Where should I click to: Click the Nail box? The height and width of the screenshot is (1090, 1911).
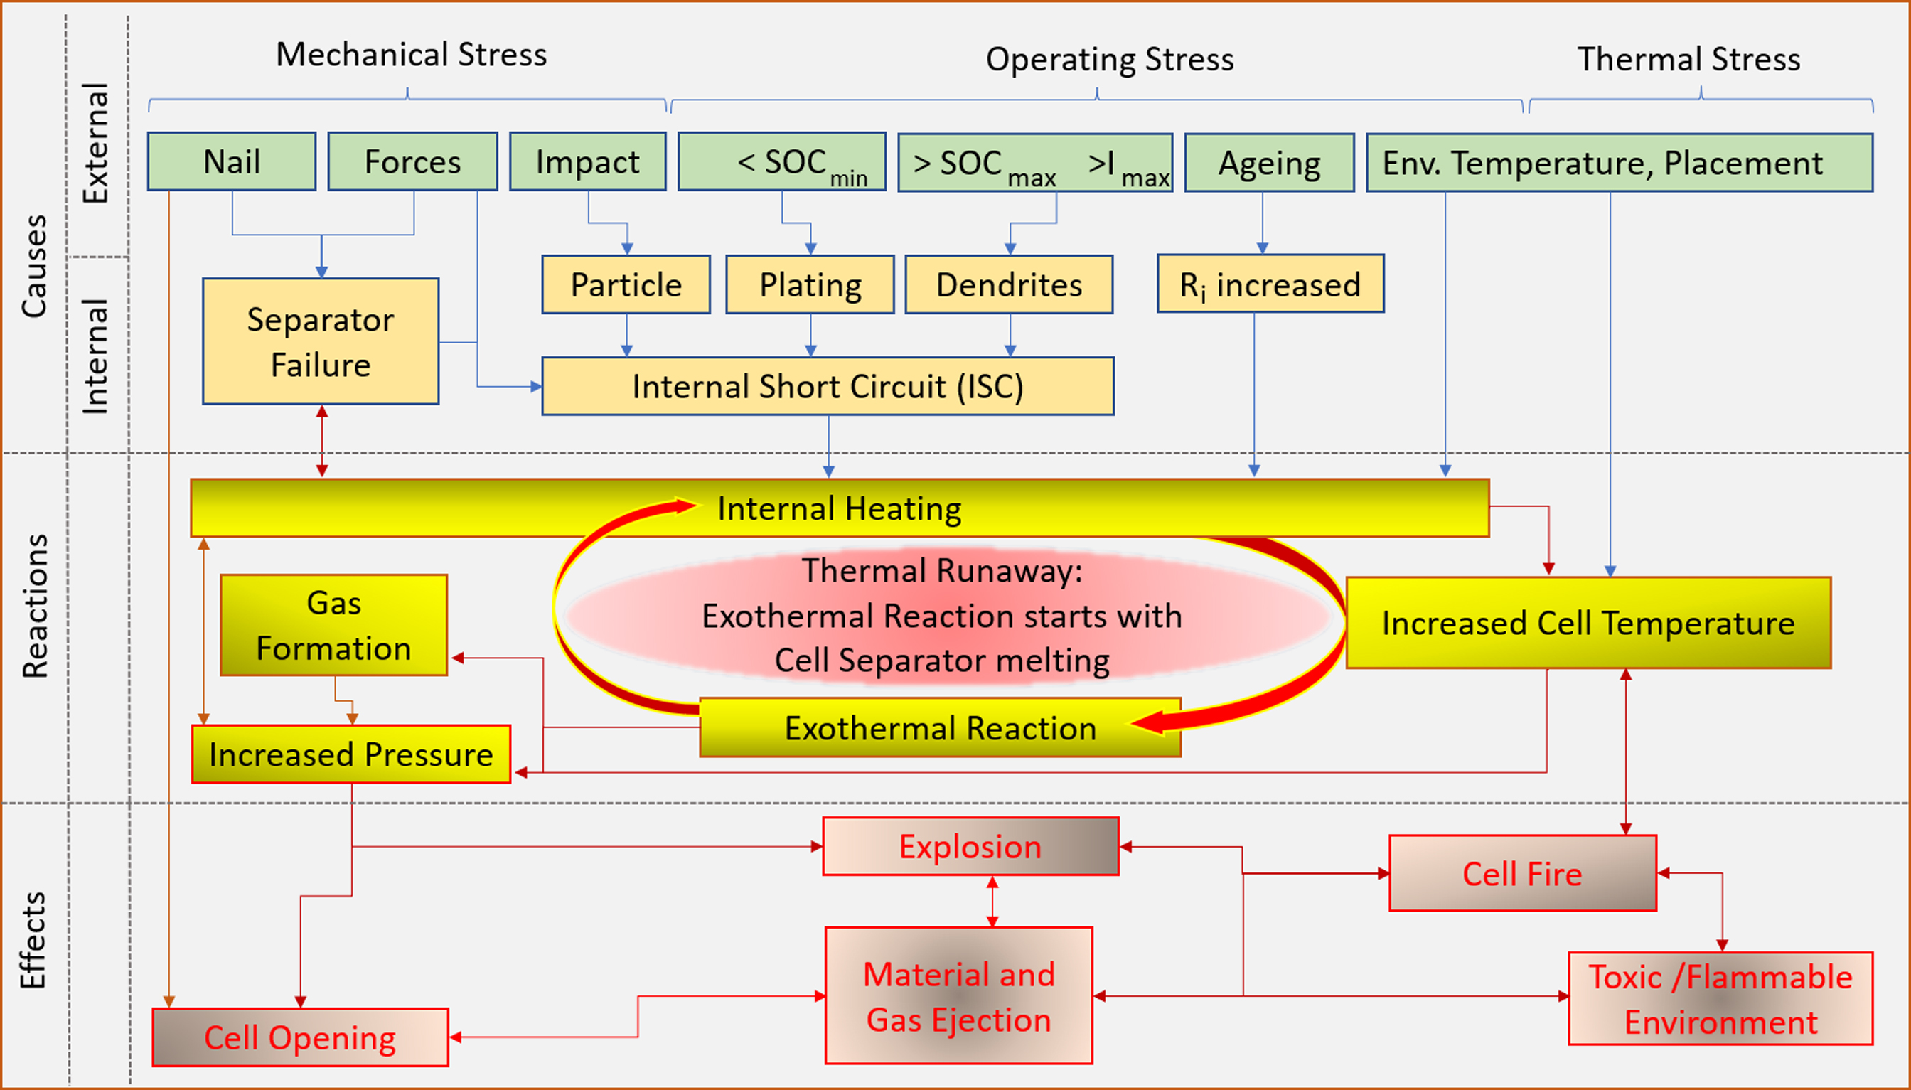tap(231, 161)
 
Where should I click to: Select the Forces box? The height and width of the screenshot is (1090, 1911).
tap(412, 161)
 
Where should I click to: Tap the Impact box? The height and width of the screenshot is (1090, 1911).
tap(588, 161)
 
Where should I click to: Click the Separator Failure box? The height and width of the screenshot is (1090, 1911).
tap(321, 341)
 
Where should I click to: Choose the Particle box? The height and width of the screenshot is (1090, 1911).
tap(626, 284)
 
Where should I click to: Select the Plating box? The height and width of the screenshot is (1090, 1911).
tap(810, 284)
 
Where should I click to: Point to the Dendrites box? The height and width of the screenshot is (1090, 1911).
tap(1009, 284)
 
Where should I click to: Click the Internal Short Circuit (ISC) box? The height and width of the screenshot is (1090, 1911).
tap(827, 386)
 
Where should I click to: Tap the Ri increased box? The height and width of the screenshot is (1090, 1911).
tap(1270, 284)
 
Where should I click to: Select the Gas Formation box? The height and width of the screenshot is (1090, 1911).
tap(334, 625)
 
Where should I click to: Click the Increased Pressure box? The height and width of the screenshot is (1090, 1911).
tap(351, 754)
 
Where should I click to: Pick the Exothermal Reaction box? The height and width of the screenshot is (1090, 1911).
tap(940, 727)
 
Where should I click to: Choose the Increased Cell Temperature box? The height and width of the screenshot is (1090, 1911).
tap(1588, 623)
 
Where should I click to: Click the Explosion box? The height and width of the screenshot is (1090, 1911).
tap(970, 847)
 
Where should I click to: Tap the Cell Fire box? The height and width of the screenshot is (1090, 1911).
tap(1523, 874)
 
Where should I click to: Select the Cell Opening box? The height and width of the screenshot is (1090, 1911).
tap(300, 1037)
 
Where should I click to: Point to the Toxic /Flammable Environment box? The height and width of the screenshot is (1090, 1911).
tap(1720, 999)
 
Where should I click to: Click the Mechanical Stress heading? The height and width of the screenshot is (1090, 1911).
tap(411, 55)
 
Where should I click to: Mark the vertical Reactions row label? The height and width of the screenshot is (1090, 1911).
tap(35, 607)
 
